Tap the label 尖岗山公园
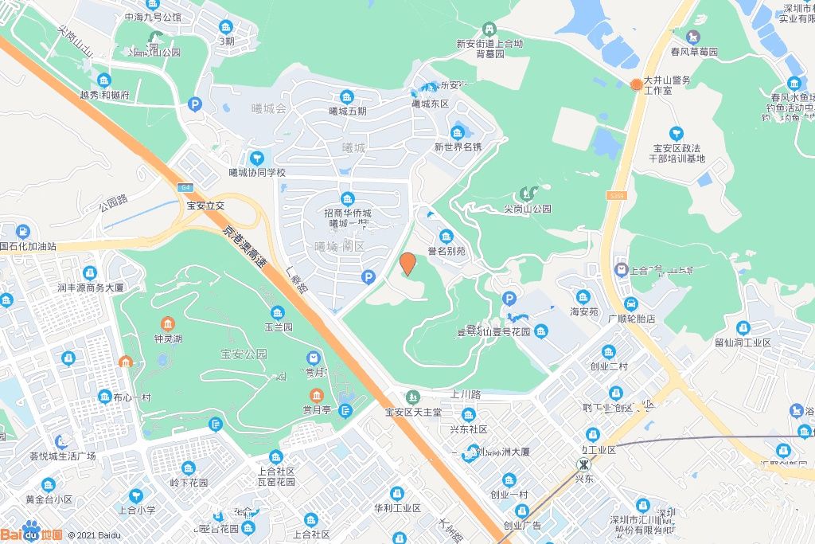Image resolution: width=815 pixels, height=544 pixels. click(527, 209)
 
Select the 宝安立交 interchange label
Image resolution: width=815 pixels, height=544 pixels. click(206, 205)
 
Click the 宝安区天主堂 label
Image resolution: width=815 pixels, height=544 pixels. click(412, 413)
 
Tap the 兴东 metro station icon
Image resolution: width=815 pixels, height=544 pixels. click(584, 464)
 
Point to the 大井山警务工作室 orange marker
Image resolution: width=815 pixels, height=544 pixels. click(636, 84)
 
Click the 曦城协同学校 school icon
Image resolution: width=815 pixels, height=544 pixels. click(256, 159)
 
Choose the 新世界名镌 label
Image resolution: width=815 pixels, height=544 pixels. click(458, 147)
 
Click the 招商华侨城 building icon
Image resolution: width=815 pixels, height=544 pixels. click(347, 198)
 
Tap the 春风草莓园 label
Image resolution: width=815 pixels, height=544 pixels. click(694, 51)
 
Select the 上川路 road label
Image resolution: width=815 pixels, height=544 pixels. click(466, 393)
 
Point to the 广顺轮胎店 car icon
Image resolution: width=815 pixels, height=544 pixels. click(630, 304)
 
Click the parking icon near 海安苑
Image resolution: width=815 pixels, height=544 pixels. click(509, 299)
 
